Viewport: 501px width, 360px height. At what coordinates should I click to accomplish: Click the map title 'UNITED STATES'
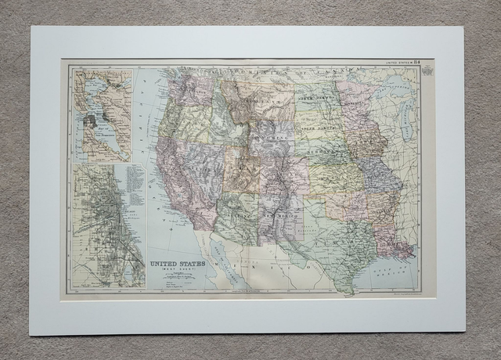(x=178, y=264)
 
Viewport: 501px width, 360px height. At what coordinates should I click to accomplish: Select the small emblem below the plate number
(x=426, y=71)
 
